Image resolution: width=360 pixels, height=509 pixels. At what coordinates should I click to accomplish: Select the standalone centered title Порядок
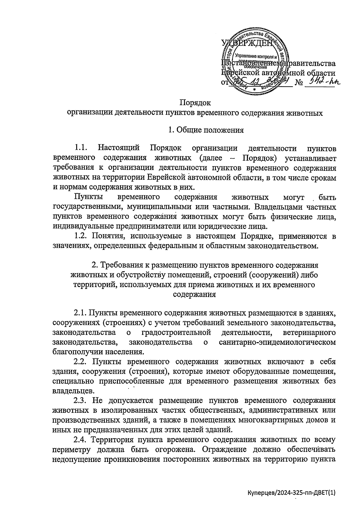[195, 103]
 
